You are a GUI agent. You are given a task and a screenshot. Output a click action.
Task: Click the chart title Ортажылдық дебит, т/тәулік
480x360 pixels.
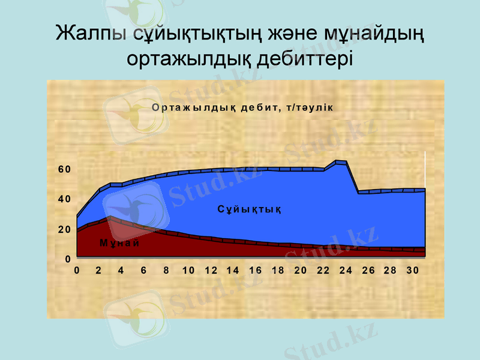[242, 107]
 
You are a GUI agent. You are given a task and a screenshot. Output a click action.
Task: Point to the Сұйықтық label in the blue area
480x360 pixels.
[249, 209]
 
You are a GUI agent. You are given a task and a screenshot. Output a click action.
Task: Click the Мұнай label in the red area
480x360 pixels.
[119, 243]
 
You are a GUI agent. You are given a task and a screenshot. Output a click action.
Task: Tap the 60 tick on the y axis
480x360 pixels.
[64, 169]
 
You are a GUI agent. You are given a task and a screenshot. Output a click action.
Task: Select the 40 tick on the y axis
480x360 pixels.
[64, 199]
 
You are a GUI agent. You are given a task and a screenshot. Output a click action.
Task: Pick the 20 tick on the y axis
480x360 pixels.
[64, 229]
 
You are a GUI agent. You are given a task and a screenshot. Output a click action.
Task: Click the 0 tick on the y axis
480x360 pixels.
[68, 259]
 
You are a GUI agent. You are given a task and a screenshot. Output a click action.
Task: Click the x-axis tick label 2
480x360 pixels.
[99, 271]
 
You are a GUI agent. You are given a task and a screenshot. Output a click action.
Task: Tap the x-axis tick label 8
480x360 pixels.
[166, 271]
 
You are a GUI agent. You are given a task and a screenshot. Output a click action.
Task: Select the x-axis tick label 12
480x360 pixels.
[211, 271]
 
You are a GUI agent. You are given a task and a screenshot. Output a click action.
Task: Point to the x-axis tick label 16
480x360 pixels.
[256, 271]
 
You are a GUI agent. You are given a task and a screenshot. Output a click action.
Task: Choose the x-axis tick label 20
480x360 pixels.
[301, 271]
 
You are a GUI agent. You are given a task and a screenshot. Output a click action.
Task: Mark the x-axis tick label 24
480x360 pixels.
[346, 271]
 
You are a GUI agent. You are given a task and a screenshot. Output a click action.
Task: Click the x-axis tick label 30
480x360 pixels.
[412, 271]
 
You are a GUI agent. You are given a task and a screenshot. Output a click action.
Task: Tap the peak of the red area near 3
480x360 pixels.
[110, 217]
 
